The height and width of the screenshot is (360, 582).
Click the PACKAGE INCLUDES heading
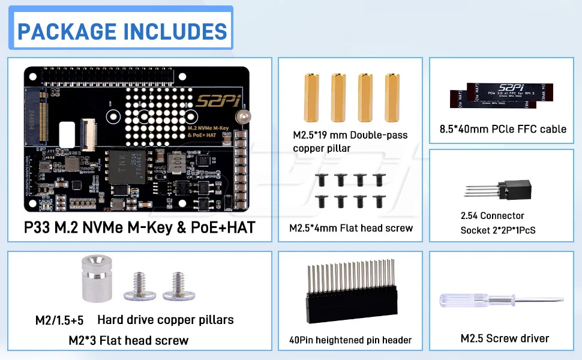click(x=122, y=31)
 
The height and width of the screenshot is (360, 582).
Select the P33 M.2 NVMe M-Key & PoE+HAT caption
click(x=139, y=227)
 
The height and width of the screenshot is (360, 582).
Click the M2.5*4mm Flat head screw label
click(x=351, y=228)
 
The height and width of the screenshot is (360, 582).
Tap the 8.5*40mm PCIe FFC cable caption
click(x=503, y=128)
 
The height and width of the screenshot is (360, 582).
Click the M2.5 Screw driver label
click(x=505, y=338)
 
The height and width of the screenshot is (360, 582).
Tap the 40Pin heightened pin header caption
click(x=350, y=340)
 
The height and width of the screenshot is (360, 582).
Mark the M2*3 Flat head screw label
click(x=128, y=341)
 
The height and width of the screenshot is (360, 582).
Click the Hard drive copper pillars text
click(x=165, y=320)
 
